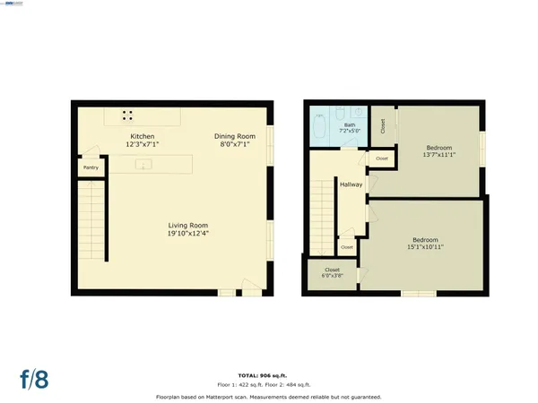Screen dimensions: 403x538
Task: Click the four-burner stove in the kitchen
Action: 128,116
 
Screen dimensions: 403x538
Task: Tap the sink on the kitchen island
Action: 141,165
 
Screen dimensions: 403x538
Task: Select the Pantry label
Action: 91,167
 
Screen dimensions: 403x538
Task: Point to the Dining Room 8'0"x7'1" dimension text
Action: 230,143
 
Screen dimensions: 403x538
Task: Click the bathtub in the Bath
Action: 320,126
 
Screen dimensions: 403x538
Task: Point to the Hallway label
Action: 351,184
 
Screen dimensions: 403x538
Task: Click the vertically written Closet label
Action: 383,126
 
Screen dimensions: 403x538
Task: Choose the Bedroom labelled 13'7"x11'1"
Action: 438,151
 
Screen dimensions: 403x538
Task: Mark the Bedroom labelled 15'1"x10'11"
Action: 425,243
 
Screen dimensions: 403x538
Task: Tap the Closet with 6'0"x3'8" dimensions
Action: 332,272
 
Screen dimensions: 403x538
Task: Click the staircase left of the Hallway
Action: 323,215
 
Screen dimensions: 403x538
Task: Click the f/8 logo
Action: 33,377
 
